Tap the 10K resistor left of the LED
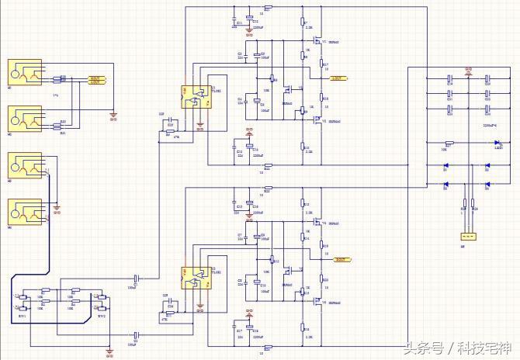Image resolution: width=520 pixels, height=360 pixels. coord(449,143)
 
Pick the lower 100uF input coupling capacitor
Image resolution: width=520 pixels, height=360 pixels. coord(137,334)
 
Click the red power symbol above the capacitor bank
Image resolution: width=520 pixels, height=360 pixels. coord(467,70)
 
